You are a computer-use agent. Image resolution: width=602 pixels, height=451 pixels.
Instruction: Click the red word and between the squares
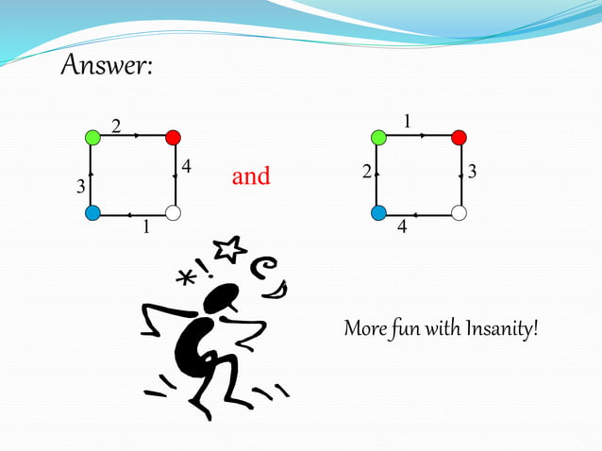click(x=251, y=176)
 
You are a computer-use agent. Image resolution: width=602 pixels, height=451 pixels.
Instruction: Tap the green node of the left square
click(x=92, y=138)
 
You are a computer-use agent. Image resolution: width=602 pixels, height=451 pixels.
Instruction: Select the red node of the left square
click(x=173, y=138)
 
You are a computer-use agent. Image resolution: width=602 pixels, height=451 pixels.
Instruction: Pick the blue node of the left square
click(x=92, y=213)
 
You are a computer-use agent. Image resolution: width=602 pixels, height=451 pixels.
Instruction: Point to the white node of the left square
click(x=173, y=213)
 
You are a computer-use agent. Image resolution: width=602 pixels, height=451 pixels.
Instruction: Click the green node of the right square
click(x=378, y=138)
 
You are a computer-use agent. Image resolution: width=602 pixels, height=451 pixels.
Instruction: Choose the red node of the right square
click(x=459, y=138)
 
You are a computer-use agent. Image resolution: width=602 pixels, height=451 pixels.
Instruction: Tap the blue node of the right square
click(x=378, y=213)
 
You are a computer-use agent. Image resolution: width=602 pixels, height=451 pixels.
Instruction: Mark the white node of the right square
click(x=459, y=213)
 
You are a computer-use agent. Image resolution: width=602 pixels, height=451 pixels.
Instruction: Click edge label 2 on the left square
click(x=117, y=125)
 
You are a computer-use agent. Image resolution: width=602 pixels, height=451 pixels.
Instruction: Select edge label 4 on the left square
click(x=187, y=167)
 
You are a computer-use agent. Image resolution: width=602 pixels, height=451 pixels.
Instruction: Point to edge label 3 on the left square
click(x=80, y=188)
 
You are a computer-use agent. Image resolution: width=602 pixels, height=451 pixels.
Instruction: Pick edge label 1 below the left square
click(x=145, y=227)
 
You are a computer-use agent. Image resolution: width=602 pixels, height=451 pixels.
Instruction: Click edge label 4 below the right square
click(x=402, y=227)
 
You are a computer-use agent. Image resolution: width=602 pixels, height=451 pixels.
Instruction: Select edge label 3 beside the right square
click(x=473, y=173)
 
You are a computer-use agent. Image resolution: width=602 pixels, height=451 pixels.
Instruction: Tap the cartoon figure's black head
click(x=219, y=300)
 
